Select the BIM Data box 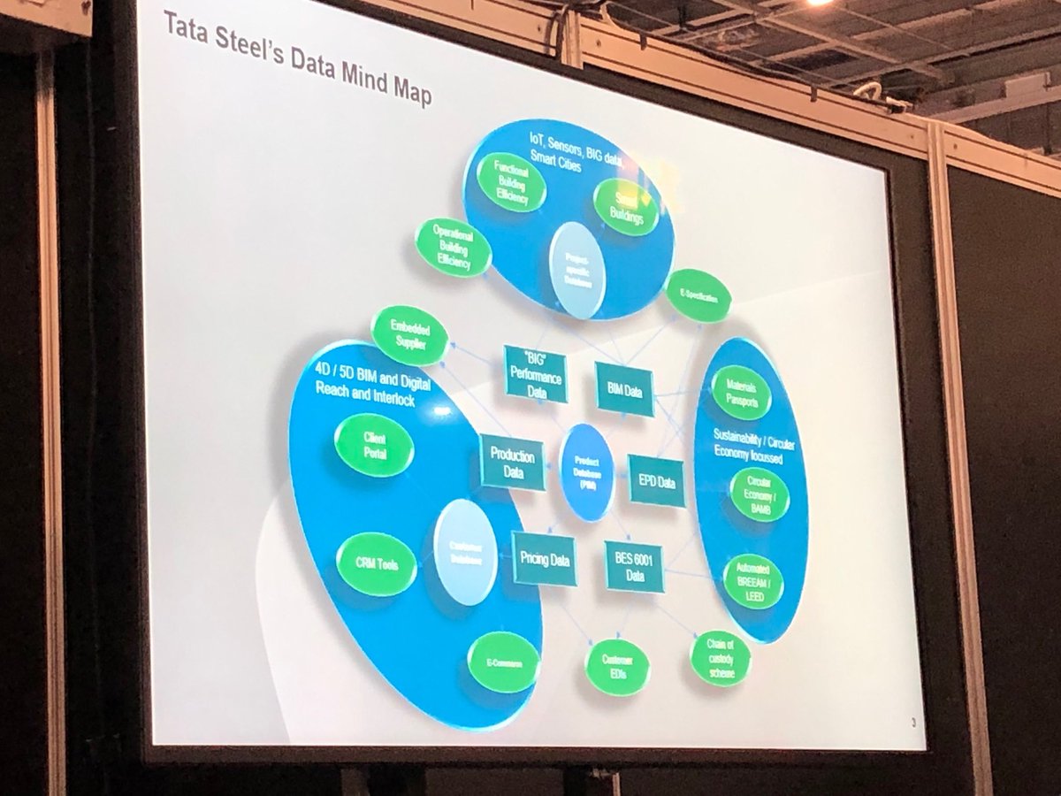(625, 389)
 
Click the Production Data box (513, 463)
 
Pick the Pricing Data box (545, 559)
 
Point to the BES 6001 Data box (634, 566)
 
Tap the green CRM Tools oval (377, 563)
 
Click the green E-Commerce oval (503, 661)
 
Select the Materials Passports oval (742, 392)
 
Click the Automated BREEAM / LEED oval (753, 580)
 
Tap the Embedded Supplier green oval (408, 335)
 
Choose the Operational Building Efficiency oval (454, 248)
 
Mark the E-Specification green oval (698, 296)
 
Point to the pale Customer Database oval (465, 551)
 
